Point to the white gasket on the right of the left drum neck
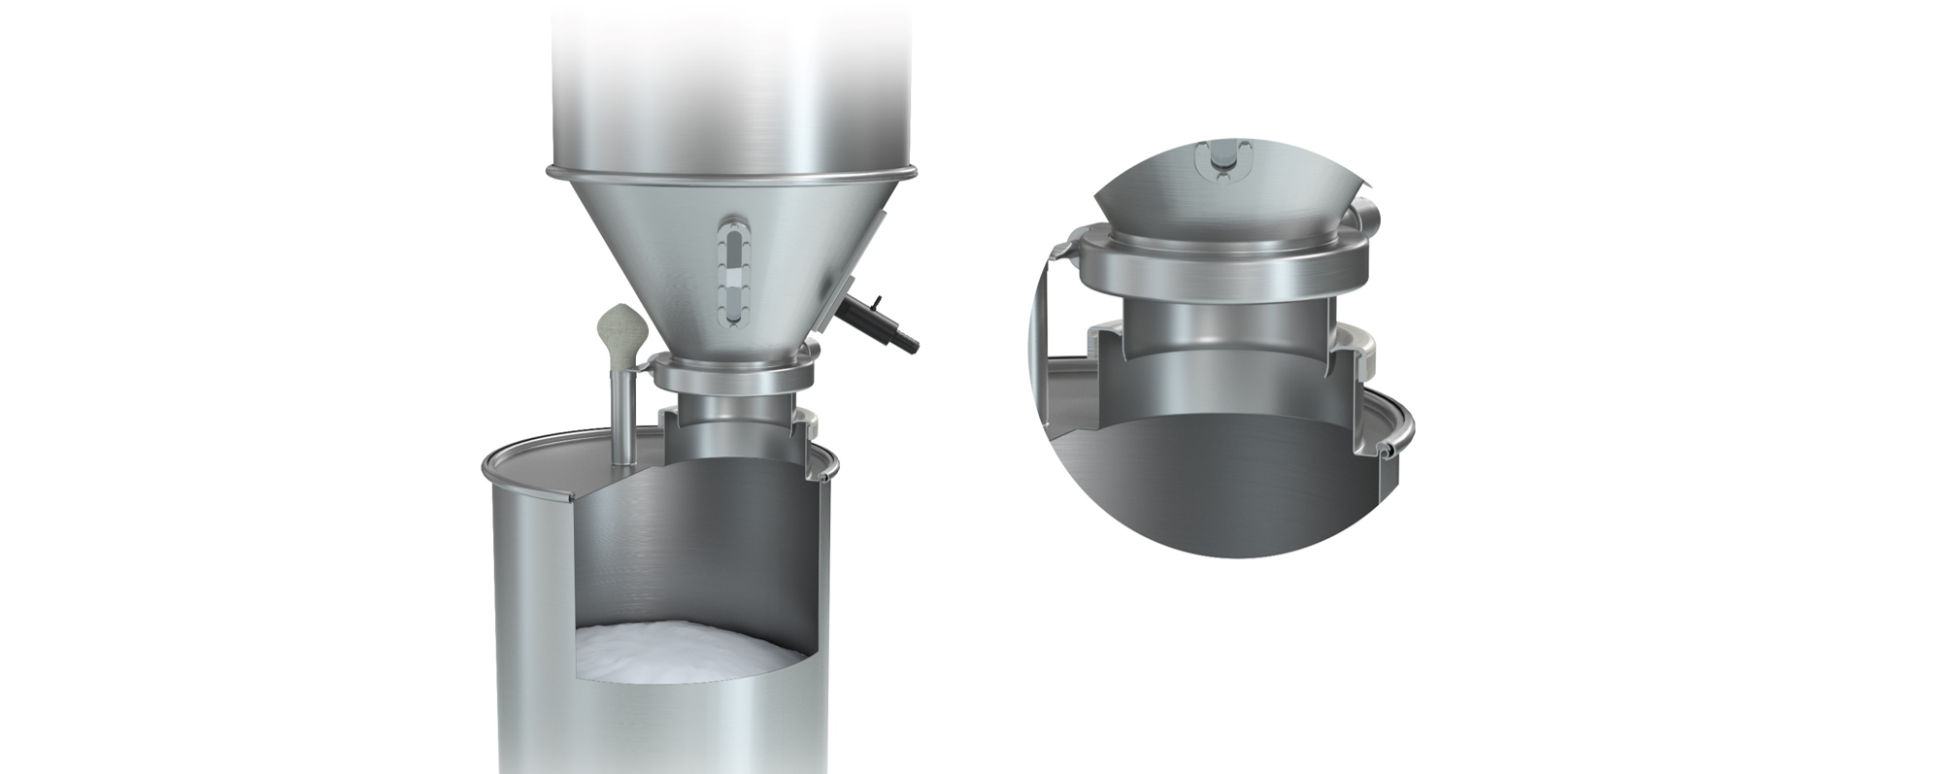pos(809,422)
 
